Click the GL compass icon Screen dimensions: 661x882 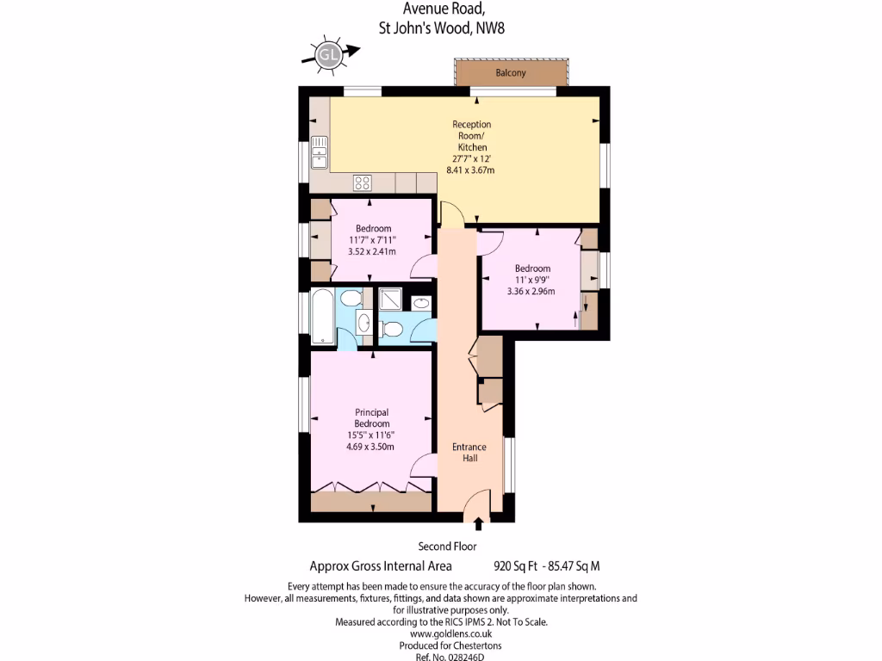point(328,55)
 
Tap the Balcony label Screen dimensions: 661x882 point(511,73)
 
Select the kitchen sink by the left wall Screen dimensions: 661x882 point(320,150)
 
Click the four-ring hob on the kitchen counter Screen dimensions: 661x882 point(363,182)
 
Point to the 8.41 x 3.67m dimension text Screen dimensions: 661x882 point(470,170)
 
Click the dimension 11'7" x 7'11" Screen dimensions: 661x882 point(372,240)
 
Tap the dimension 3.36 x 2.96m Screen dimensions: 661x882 point(531,291)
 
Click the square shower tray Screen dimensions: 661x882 point(390,299)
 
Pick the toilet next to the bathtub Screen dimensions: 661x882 point(350,299)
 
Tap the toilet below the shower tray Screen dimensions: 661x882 point(392,328)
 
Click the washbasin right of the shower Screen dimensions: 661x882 point(421,302)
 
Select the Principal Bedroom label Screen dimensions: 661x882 point(372,418)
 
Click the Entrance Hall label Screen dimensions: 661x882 point(469,452)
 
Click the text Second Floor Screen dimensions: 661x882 point(447,547)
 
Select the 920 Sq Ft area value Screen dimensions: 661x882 point(516,567)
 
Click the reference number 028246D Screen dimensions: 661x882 point(462,657)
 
